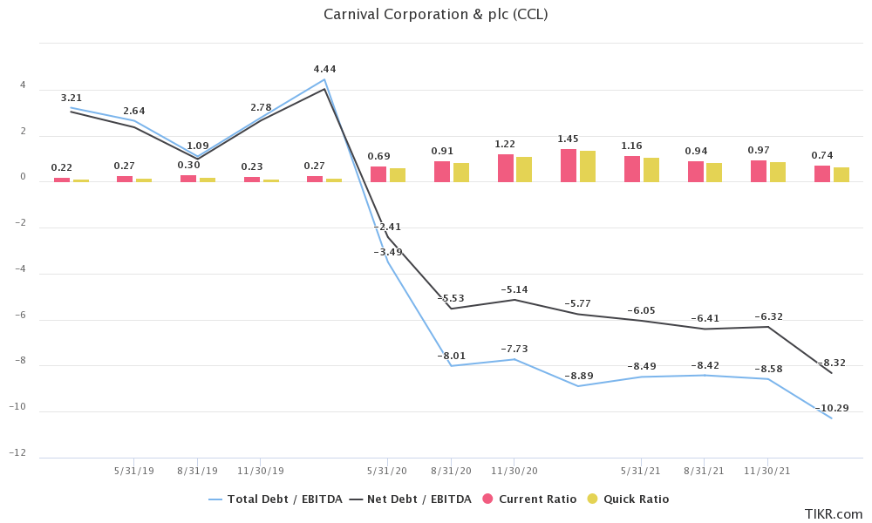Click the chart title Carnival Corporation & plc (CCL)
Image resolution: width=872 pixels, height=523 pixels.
tap(435, 14)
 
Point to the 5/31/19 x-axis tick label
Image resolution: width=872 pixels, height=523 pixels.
tap(134, 471)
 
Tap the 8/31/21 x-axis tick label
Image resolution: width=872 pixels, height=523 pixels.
tap(704, 471)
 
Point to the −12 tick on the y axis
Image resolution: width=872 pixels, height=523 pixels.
tap(17, 453)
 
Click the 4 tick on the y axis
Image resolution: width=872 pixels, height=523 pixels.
tap(23, 86)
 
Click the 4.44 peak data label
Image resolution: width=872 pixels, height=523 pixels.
tap(324, 69)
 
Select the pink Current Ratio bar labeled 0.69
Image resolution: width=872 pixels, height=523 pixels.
tap(378, 174)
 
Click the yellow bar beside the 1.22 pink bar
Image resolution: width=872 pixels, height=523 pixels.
tap(524, 169)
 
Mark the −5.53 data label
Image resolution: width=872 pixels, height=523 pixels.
tap(451, 298)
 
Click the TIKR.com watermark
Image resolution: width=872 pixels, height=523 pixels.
tap(833, 514)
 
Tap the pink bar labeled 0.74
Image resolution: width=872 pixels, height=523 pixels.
tap(822, 173)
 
